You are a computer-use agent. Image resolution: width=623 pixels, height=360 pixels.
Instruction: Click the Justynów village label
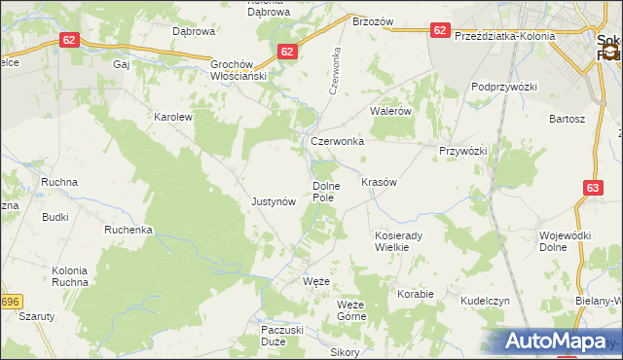point(273,202)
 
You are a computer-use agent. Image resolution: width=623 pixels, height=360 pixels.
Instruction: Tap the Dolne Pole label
point(324,191)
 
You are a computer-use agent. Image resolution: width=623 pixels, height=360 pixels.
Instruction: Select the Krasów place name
point(378,182)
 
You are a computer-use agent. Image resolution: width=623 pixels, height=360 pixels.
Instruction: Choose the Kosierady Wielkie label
point(396,241)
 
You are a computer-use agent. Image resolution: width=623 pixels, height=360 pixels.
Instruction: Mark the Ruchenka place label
point(129,231)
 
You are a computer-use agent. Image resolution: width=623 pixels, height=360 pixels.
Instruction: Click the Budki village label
point(55,217)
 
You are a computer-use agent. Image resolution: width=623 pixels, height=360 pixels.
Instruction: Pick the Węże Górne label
point(350,310)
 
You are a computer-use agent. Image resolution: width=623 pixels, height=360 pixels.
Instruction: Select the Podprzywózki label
point(504,87)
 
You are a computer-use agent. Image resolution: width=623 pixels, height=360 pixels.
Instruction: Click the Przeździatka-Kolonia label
point(504,36)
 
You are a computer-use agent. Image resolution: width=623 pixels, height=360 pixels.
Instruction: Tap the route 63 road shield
point(594,188)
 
